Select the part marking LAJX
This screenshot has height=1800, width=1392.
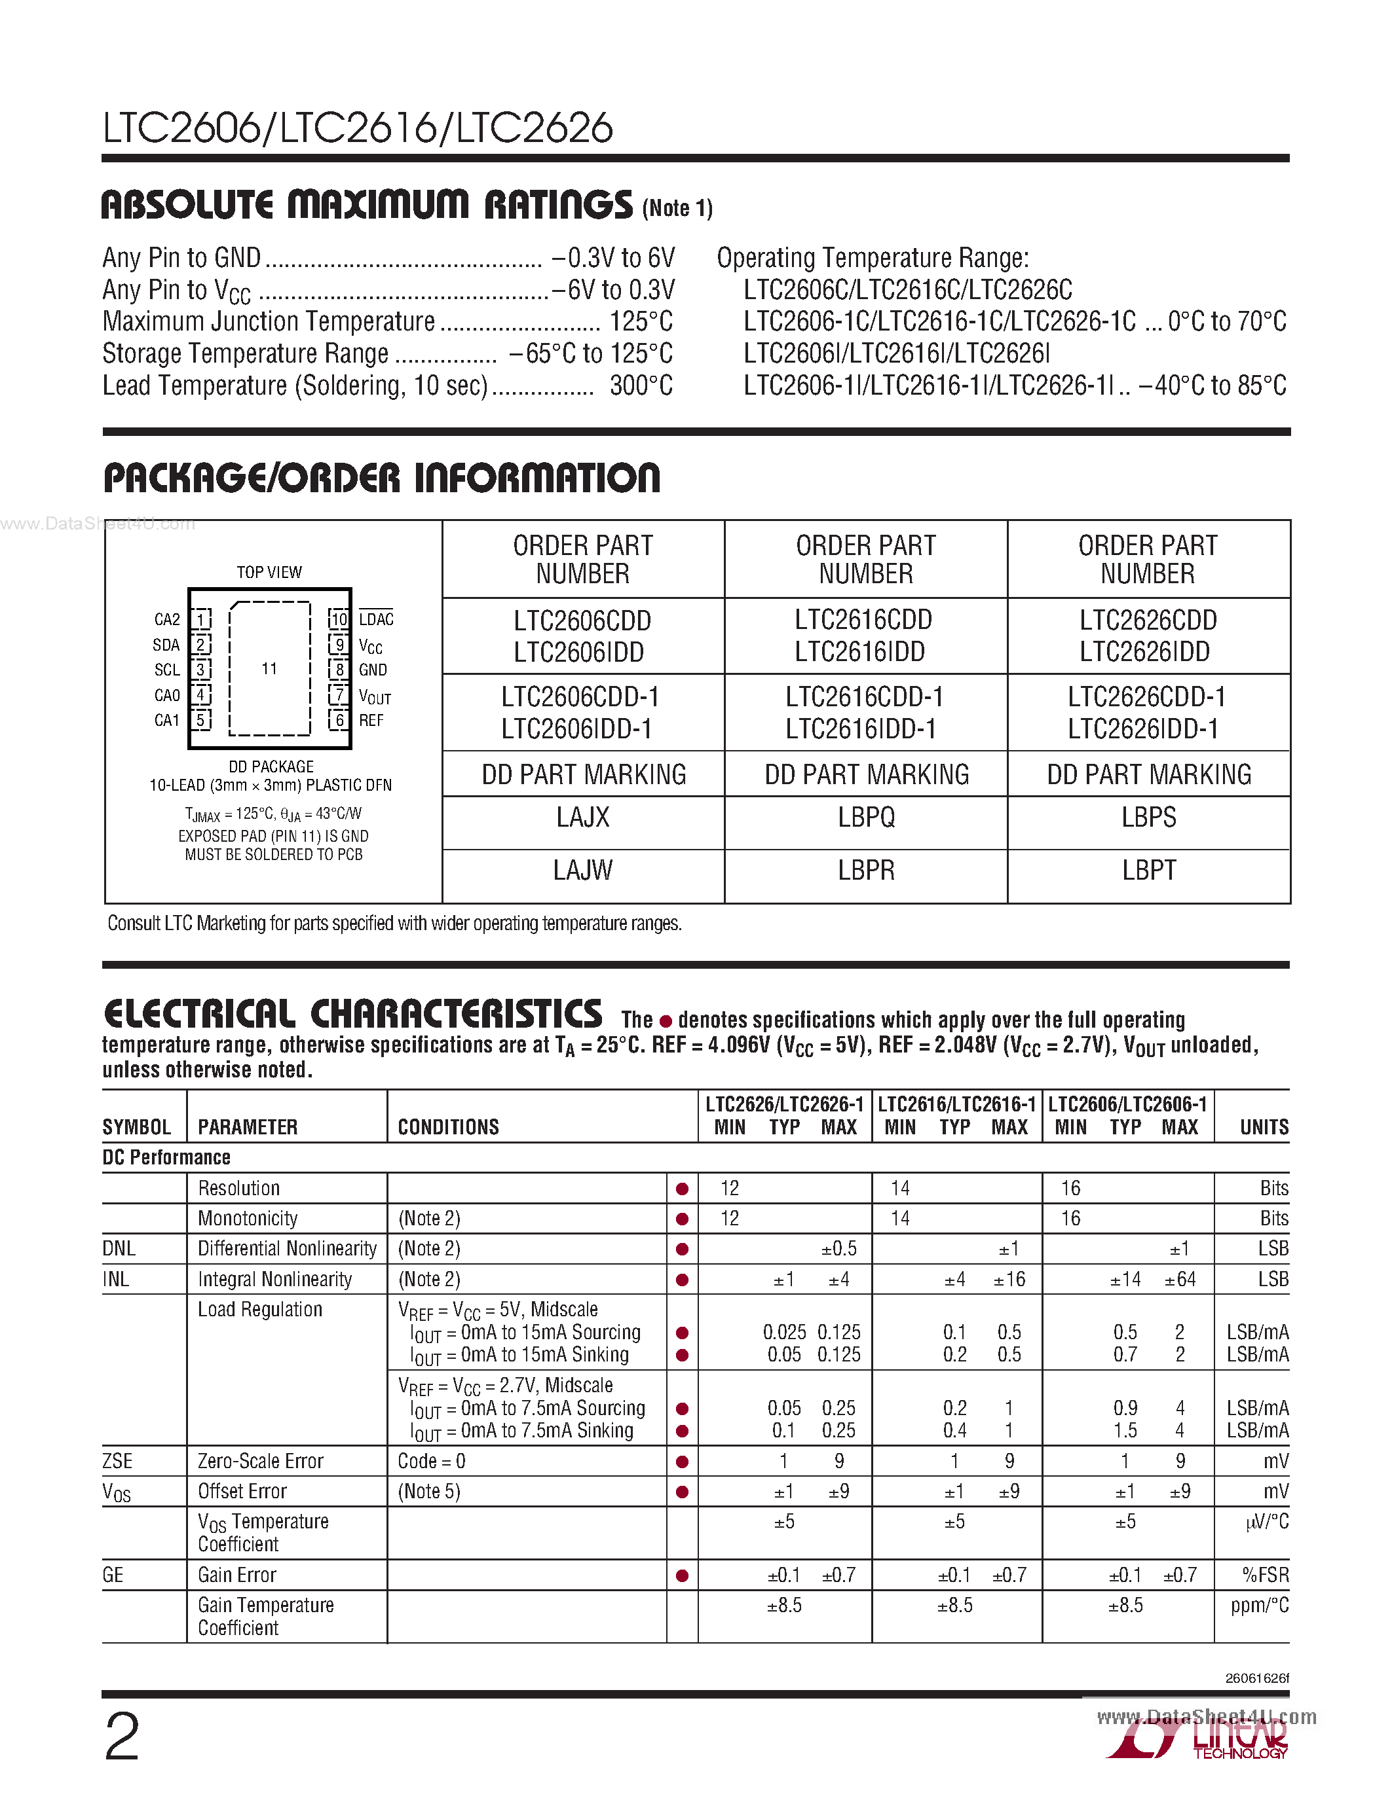coord(582,818)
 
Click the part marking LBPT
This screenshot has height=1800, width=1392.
coord(1149,871)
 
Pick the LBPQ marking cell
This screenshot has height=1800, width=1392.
coord(866,818)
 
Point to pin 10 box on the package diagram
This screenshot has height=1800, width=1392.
coord(339,619)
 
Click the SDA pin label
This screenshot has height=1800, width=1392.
coord(166,645)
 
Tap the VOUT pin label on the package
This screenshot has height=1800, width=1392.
coord(375,696)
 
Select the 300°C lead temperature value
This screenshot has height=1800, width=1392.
coord(641,386)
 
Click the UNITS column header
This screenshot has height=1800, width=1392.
coord(1264,1128)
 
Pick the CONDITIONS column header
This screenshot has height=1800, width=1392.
coord(449,1128)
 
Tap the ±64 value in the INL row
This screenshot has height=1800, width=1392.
coord(1179,1279)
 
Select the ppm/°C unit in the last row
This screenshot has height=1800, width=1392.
coord(1258,1606)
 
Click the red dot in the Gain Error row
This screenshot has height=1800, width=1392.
coord(682,1576)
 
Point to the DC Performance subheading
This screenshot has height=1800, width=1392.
coord(166,1157)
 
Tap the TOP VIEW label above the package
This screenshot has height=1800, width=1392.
coord(269,572)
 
